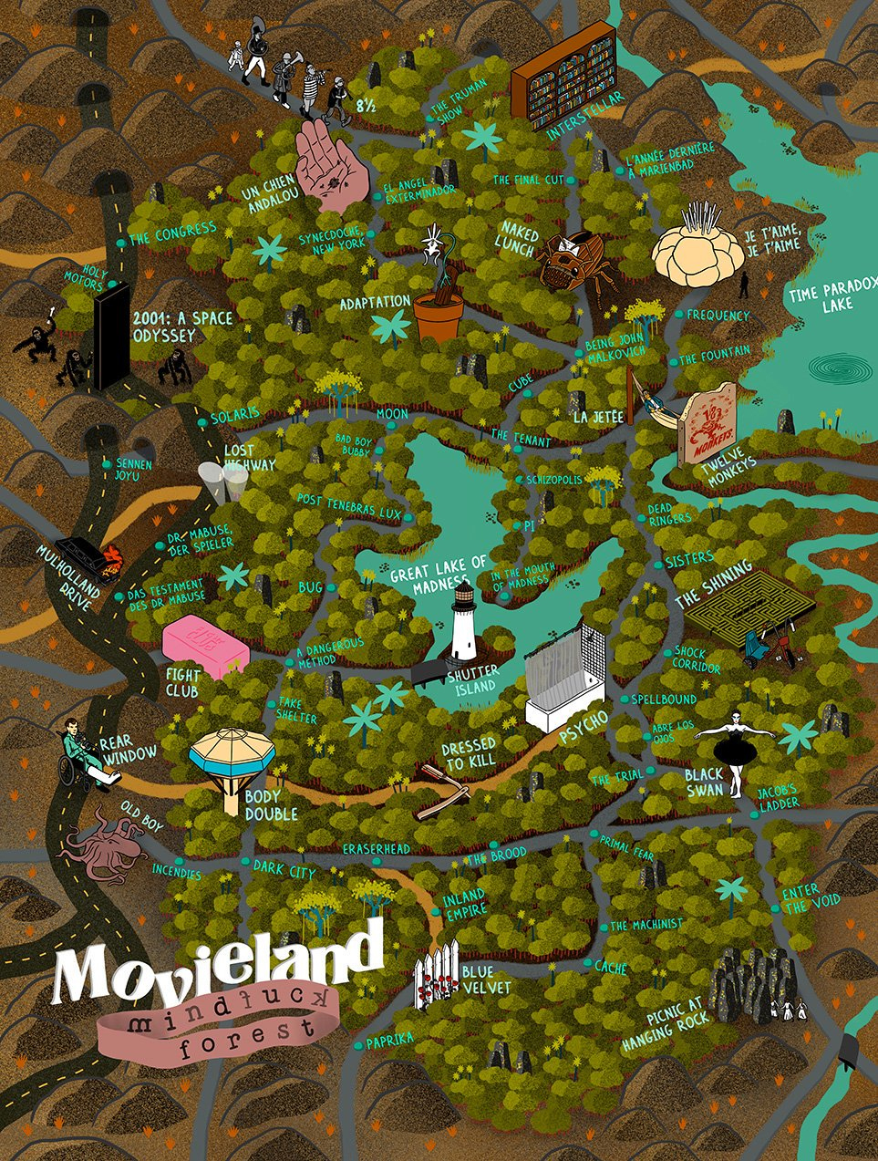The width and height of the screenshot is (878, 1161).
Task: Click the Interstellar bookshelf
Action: [x=563, y=83]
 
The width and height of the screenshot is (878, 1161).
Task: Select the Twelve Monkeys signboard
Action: [x=709, y=422]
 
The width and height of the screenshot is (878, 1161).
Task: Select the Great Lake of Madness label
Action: [x=438, y=576]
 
